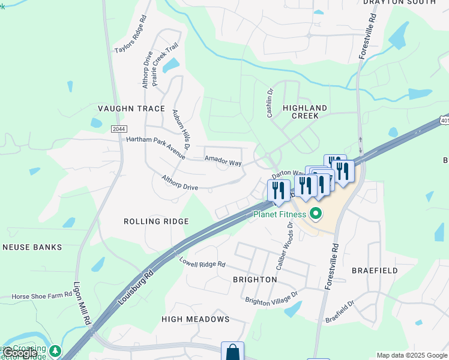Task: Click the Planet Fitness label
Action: pos(280,214)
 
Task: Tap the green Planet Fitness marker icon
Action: pos(316,214)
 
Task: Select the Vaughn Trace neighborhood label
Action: pos(131,109)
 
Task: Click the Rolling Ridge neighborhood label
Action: pos(156,221)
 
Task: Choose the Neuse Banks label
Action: pos(32,247)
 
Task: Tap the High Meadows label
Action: pos(195,319)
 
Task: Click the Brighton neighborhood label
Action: pos(255,280)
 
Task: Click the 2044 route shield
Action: pos(119,128)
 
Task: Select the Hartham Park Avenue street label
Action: pos(156,145)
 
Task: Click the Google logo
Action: pos(20,353)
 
